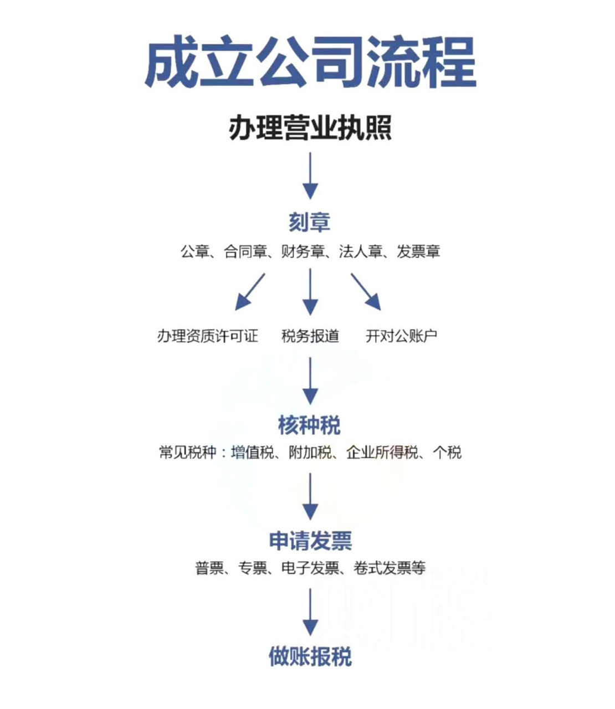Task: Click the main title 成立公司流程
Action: point(310,62)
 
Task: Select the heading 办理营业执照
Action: point(310,129)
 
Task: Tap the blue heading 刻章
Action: point(310,222)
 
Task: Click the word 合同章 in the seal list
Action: point(245,252)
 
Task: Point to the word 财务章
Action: point(303,252)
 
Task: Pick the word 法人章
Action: point(360,252)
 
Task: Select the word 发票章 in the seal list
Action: point(418,252)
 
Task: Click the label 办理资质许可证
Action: point(208,336)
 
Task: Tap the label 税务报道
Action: point(310,336)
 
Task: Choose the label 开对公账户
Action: point(401,336)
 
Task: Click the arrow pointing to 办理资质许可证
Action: point(250,292)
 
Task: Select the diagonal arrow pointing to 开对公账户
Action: point(366,292)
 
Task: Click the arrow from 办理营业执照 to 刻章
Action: point(310,176)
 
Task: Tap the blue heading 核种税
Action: point(310,425)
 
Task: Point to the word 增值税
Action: point(253,453)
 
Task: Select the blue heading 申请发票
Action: point(310,541)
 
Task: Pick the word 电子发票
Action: point(310,568)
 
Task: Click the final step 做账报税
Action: point(310,657)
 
